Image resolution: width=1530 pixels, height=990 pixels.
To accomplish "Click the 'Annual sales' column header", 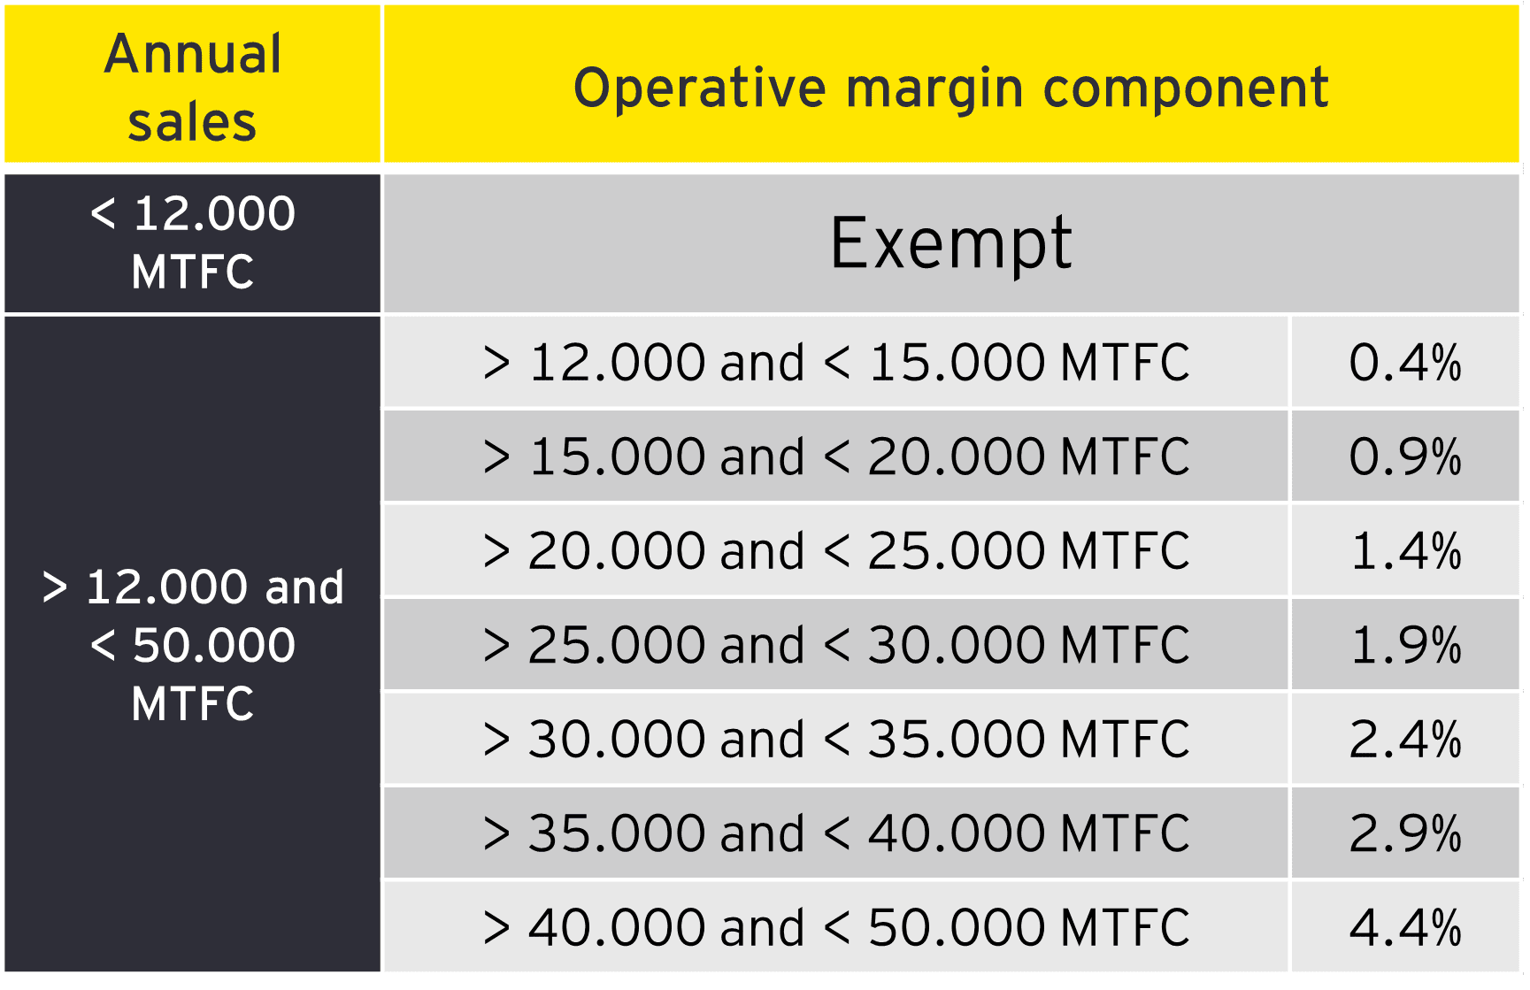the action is pyautogui.click(x=193, y=87).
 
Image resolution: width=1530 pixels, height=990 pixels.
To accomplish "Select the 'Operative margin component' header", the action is pyautogui.click(x=951, y=88).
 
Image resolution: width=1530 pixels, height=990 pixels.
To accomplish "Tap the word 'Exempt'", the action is pyautogui.click(x=951, y=243).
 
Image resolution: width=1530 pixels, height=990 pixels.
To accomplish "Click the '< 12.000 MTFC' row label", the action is pyautogui.click(x=193, y=242).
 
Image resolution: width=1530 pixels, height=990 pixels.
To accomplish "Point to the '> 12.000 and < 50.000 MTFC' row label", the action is pyautogui.click(x=193, y=645).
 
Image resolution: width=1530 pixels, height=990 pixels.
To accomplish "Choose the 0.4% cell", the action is pyautogui.click(x=1405, y=363).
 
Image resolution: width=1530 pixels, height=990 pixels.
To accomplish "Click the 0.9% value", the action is pyautogui.click(x=1405, y=457).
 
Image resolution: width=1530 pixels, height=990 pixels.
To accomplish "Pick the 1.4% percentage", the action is pyautogui.click(x=1405, y=551).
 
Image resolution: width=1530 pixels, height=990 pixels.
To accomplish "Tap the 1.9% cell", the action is pyautogui.click(x=1405, y=645).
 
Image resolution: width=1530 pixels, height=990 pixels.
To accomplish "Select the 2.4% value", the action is pyautogui.click(x=1405, y=740).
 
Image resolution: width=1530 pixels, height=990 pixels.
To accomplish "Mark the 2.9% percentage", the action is pyautogui.click(x=1405, y=833).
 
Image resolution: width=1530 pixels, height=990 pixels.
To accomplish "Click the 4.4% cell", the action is pyautogui.click(x=1405, y=928).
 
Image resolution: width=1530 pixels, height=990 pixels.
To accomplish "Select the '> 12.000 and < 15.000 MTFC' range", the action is pyautogui.click(x=836, y=363).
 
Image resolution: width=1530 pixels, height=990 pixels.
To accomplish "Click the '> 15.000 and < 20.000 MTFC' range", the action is pyautogui.click(x=836, y=457).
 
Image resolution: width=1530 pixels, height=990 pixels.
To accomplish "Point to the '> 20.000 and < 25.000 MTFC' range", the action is pyautogui.click(x=836, y=551).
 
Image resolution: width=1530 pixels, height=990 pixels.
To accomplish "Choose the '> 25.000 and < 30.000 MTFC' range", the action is pyautogui.click(x=836, y=645).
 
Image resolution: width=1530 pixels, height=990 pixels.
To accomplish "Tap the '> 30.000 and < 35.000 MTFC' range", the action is pyautogui.click(x=836, y=740).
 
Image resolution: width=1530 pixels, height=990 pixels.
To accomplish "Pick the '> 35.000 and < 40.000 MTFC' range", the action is pyautogui.click(x=836, y=833).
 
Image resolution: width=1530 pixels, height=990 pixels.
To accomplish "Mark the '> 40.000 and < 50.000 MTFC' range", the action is pyautogui.click(x=836, y=928).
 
